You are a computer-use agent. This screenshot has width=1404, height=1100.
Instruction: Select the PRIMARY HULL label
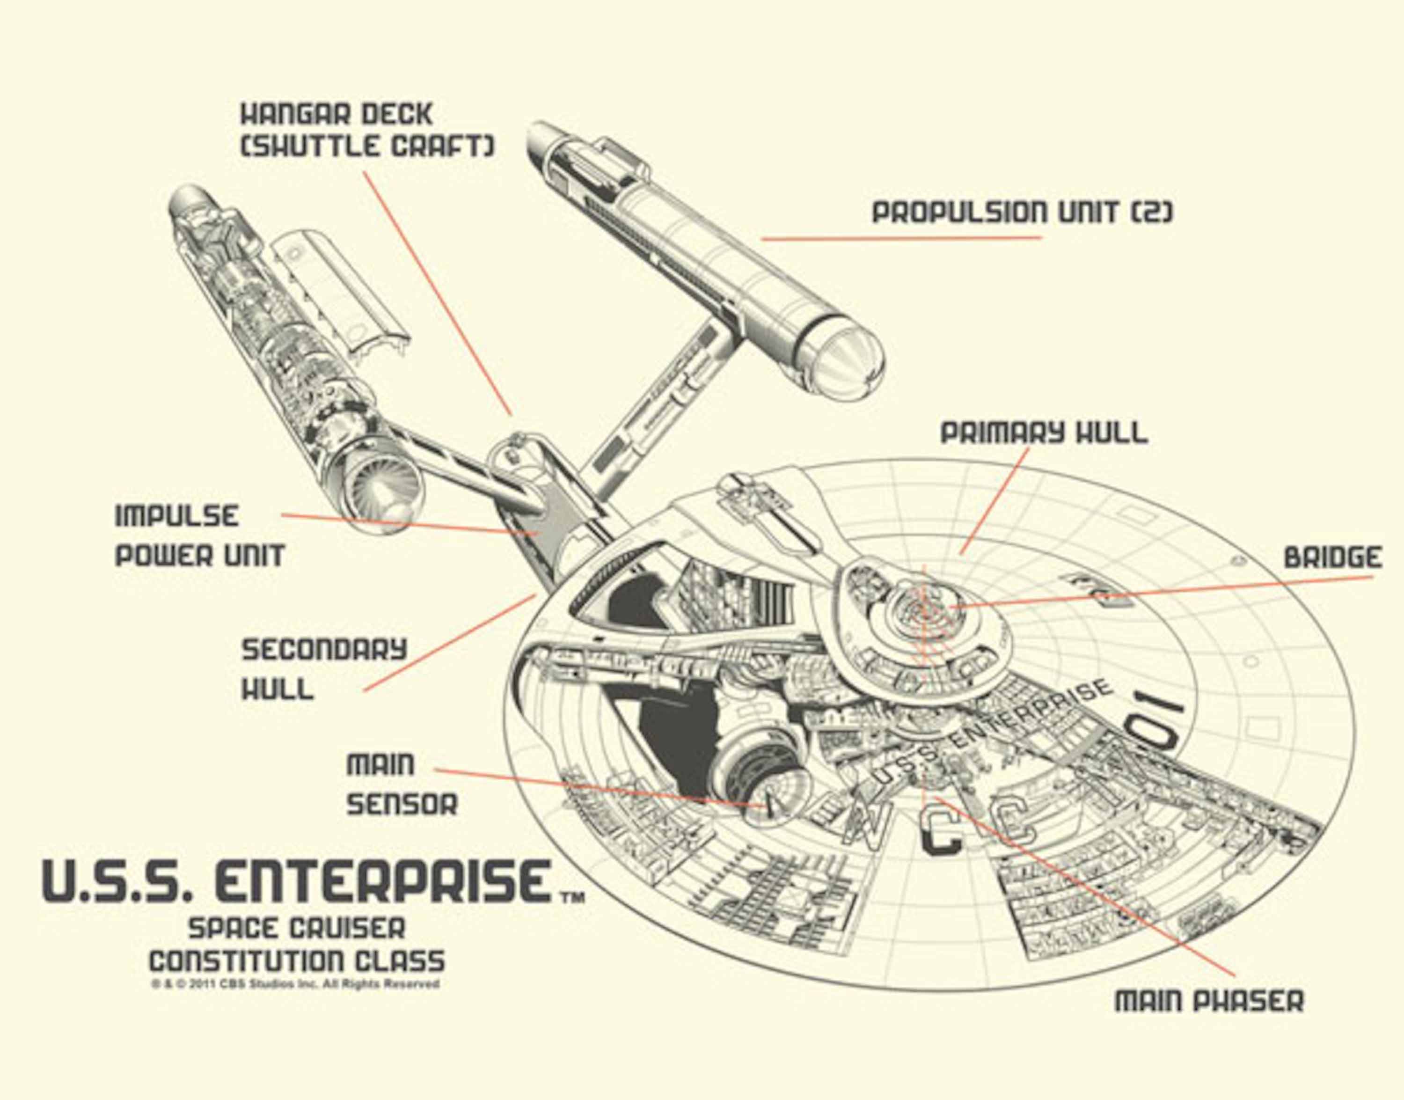pos(1044,433)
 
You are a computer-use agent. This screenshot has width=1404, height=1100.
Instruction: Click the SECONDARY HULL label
pos(324,669)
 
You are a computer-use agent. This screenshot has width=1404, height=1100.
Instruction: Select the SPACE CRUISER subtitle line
pos(297,929)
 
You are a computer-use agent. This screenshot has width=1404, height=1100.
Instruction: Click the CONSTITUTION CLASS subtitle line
pos(297,962)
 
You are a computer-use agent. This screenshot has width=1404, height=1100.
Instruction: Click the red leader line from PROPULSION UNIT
pos(901,238)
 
